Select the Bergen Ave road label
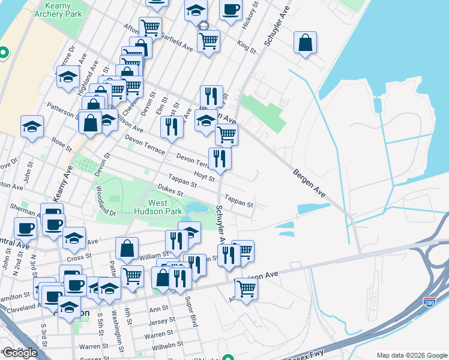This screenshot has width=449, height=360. coord(309,182)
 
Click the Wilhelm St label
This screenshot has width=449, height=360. coord(166,345)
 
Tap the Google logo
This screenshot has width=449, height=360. coord(19,353)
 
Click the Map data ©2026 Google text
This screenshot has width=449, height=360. coord(411,355)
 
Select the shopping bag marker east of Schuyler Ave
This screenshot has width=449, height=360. coord(305,43)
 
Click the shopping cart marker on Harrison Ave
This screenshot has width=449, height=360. coord(246,288)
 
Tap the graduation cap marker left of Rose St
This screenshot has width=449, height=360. coord(32,127)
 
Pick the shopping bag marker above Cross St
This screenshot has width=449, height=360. coord(127,248)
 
